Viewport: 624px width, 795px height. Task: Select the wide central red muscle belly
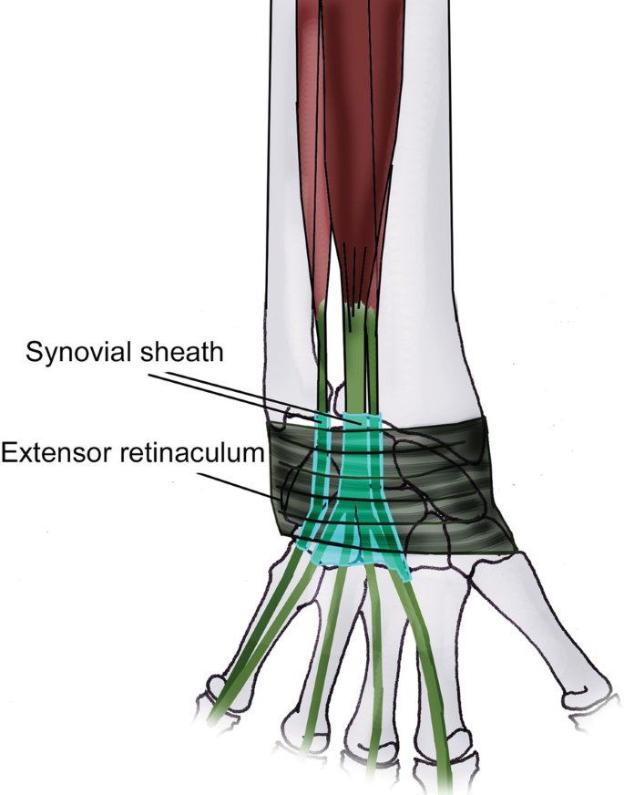pos(360,137)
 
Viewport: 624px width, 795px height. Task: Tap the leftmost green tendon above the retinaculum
pos(322,365)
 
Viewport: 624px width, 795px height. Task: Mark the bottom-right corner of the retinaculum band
pos(517,551)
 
